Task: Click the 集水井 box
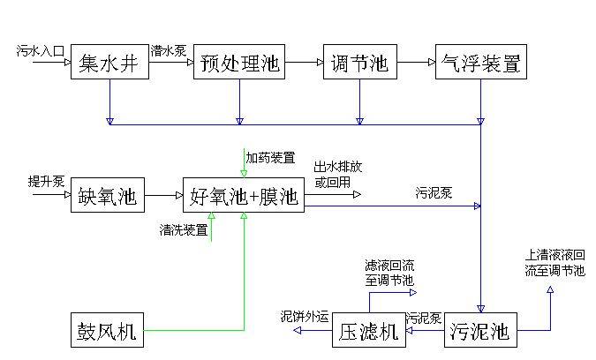[109, 63]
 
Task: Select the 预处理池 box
[238, 63]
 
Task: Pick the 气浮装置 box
[480, 63]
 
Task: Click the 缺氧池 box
[107, 196]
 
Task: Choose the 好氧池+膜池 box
[244, 196]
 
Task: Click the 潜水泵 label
[168, 51]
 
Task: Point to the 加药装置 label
[270, 158]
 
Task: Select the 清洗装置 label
[184, 230]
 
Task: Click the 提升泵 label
[46, 183]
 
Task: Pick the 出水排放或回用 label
[337, 175]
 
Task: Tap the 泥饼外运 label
[305, 316]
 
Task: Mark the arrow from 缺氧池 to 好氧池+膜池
[162, 196]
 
